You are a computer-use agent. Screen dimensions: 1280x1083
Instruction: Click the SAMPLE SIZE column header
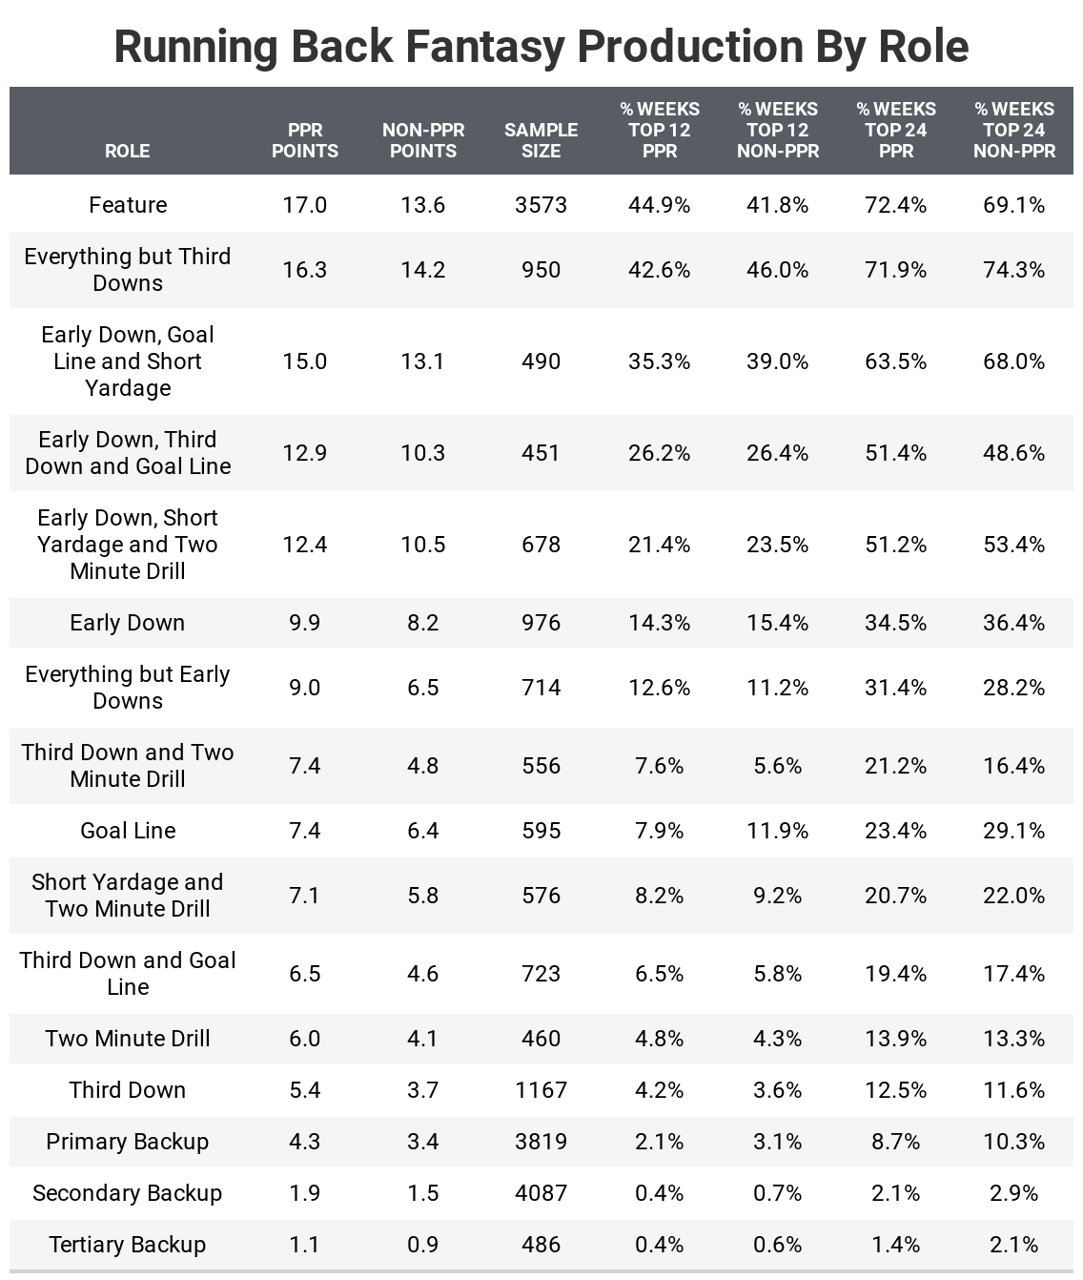[541, 140]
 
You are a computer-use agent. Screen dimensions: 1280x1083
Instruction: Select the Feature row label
[128, 205]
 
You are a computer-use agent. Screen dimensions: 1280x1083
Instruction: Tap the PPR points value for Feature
[304, 205]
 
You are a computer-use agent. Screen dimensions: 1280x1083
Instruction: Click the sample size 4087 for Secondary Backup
[541, 1193]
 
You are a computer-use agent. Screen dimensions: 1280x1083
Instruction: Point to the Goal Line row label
[128, 831]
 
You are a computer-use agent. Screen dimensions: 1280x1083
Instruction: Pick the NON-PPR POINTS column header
[423, 140]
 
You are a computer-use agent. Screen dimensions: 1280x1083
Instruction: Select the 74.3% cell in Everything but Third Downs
[1013, 270]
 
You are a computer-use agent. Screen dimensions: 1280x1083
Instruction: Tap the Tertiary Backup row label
[128, 1245]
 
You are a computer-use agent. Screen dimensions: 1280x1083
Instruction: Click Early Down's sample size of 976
[541, 623]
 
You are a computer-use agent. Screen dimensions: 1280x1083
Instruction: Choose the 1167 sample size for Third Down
[541, 1090]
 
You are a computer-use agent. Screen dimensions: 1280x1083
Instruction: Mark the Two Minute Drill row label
[128, 1039]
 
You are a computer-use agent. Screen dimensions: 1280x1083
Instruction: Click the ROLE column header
[127, 151]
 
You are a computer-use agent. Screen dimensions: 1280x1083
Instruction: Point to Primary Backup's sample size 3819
[541, 1142]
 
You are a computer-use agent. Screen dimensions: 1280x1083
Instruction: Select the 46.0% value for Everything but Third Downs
[777, 270]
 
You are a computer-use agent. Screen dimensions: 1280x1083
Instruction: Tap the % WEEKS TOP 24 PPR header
[896, 130]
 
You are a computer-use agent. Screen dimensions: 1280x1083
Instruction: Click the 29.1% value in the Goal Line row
[1013, 831]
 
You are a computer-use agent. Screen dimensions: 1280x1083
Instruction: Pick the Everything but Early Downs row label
[128, 688]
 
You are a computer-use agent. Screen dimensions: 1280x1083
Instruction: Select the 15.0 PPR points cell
[304, 361]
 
